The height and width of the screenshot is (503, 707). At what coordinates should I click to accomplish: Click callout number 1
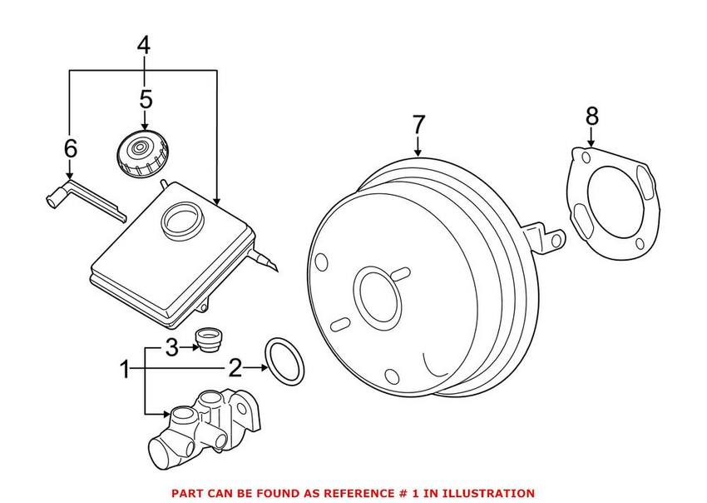tap(126, 367)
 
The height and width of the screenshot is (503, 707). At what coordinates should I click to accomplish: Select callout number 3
tap(171, 348)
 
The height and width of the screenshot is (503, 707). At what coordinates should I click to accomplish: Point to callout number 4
tap(144, 47)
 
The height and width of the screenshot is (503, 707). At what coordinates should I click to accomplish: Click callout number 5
tap(146, 100)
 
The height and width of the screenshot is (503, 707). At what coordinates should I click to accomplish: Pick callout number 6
tap(70, 149)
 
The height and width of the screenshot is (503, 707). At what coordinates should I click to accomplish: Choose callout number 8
tap(591, 116)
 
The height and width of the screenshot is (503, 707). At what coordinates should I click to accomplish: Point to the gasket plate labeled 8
tap(609, 201)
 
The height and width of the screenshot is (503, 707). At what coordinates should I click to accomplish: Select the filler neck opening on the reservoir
tap(181, 220)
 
